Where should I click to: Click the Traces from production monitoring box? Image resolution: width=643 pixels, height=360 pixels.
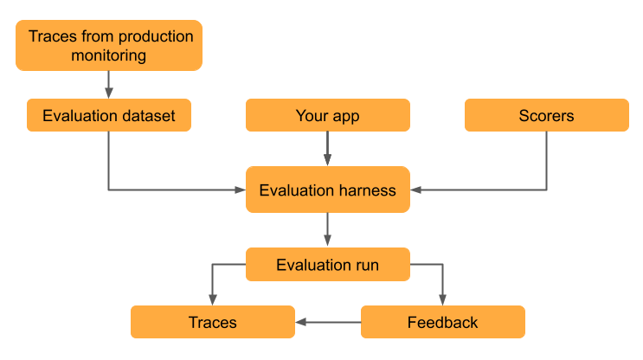coord(108,46)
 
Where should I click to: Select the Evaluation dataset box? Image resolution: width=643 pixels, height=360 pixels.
coord(108,115)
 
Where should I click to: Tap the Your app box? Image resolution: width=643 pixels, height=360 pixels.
coord(327,115)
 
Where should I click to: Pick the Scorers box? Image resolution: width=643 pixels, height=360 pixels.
coord(546,115)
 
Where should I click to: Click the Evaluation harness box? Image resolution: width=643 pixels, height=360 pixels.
coord(327,190)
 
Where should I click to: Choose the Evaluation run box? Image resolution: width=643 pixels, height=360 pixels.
coord(327,265)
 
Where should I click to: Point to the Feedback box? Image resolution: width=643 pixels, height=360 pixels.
coord(442,322)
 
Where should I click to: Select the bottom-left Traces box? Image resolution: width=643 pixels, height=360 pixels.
coord(212,322)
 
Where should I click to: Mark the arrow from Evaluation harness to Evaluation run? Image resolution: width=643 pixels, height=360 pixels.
coord(327,229)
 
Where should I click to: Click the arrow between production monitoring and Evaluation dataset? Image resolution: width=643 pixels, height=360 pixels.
coord(108,84)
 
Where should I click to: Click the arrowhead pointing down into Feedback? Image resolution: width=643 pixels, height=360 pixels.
coord(442,300)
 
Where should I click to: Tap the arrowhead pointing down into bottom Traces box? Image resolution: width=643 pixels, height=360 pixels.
coord(212,300)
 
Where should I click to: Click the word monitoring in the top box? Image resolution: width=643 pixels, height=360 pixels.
coord(108,55)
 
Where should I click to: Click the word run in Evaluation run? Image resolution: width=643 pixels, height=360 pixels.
coord(366,265)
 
